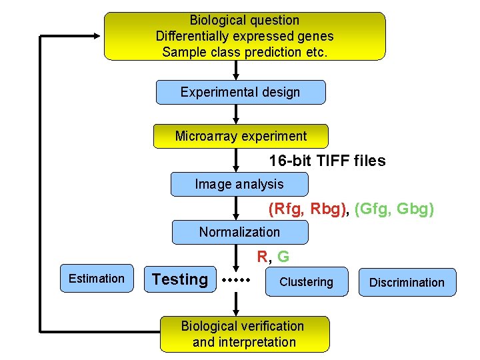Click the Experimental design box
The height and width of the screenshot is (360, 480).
[x=241, y=92]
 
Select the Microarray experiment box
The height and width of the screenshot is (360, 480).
[x=241, y=136]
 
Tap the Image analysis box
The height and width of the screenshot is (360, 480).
[x=239, y=184]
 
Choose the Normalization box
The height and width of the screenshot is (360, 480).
[x=239, y=232]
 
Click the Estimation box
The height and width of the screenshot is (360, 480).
[x=97, y=279]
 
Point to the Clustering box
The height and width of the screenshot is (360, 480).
[x=307, y=282]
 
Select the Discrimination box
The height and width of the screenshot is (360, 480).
[x=407, y=282]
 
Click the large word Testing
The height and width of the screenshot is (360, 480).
[x=180, y=279]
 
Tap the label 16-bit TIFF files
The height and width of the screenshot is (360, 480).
[x=327, y=161]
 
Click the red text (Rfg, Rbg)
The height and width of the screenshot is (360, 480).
[x=307, y=209]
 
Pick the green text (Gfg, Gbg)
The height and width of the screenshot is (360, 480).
[x=394, y=209]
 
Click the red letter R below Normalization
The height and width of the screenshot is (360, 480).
[x=263, y=257]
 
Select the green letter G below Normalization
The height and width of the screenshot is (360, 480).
[x=283, y=257]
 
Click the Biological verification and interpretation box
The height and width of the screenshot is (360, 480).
[x=244, y=334]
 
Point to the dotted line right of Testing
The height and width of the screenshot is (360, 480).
[x=235, y=280]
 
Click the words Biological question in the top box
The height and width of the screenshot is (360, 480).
[x=244, y=21]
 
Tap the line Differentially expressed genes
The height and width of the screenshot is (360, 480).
[x=244, y=36]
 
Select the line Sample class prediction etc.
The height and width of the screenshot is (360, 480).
[x=244, y=51]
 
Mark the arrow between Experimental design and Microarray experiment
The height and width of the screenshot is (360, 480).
[x=235, y=114]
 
